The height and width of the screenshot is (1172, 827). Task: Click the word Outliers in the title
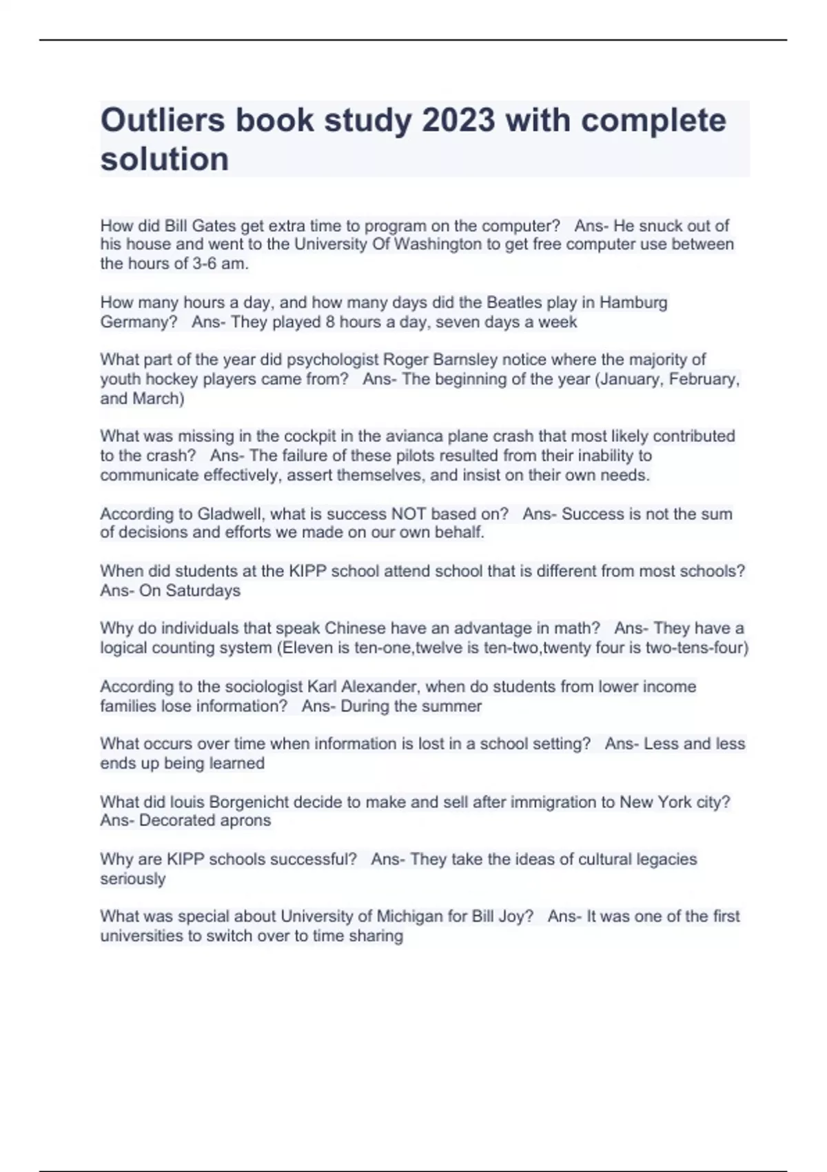click(163, 121)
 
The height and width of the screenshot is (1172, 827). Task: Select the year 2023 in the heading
click(458, 121)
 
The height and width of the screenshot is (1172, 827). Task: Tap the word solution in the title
click(165, 159)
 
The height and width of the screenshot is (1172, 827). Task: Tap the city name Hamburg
click(633, 302)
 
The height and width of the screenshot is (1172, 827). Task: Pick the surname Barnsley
click(465, 359)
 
